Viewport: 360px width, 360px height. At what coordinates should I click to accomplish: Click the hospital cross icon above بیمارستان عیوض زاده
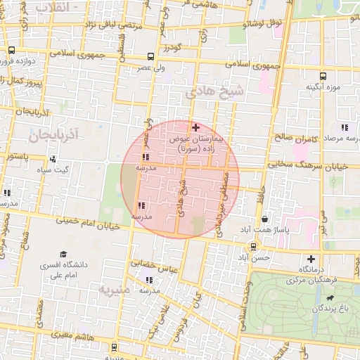click(195, 127)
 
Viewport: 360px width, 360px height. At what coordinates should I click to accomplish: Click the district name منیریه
click(115, 288)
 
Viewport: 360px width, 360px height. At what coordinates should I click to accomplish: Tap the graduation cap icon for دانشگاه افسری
click(63, 254)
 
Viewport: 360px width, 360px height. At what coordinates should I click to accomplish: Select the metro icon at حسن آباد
click(253, 247)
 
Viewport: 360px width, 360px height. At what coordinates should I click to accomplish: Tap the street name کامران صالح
click(291, 139)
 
